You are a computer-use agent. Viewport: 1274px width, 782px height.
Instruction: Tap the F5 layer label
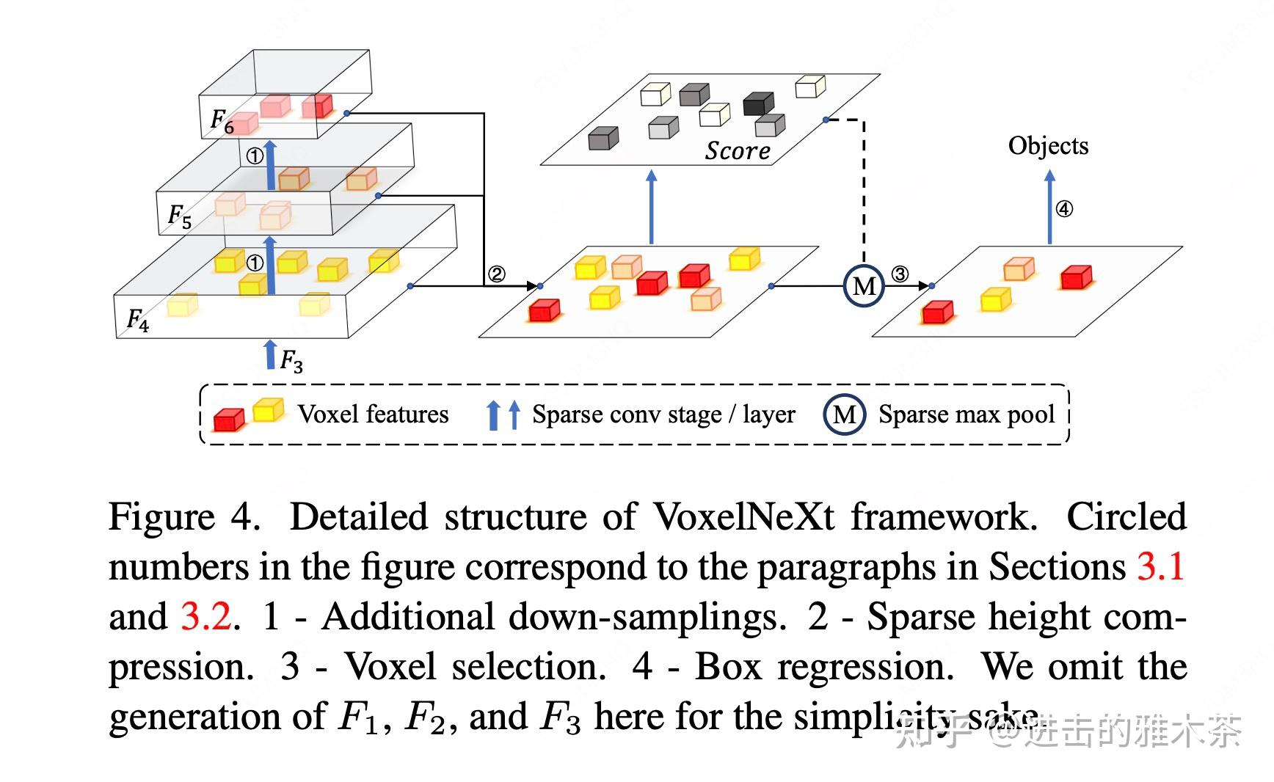click(x=180, y=216)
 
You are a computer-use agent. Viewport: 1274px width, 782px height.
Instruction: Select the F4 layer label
click(x=138, y=320)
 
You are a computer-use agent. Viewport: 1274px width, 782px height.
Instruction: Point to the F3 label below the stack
click(x=291, y=360)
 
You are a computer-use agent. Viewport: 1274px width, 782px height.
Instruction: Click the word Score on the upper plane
click(x=737, y=150)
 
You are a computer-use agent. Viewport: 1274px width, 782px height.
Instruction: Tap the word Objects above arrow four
click(x=1047, y=145)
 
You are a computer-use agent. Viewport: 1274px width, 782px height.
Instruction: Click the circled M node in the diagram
click(x=864, y=285)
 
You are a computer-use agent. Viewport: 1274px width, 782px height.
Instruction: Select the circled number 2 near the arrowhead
click(x=497, y=274)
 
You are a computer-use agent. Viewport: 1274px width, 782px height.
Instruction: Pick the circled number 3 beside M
click(x=900, y=274)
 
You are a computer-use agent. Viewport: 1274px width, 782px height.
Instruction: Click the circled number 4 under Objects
click(x=1063, y=209)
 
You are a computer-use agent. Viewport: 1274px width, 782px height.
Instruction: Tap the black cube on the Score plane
click(x=758, y=103)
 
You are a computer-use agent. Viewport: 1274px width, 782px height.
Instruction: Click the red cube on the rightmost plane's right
click(x=1077, y=277)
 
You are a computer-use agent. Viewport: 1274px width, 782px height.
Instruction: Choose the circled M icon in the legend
click(x=844, y=415)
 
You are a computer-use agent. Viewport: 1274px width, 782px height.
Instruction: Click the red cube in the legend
click(x=228, y=420)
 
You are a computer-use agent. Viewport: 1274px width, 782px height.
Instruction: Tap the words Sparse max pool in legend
click(x=967, y=414)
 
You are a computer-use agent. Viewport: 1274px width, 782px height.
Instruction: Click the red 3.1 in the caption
click(x=1160, y=566)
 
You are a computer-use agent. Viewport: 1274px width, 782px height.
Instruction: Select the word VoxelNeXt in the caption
click(x=743, y=516)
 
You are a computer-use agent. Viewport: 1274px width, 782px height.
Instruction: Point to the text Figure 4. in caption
click(x=184, y=516)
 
